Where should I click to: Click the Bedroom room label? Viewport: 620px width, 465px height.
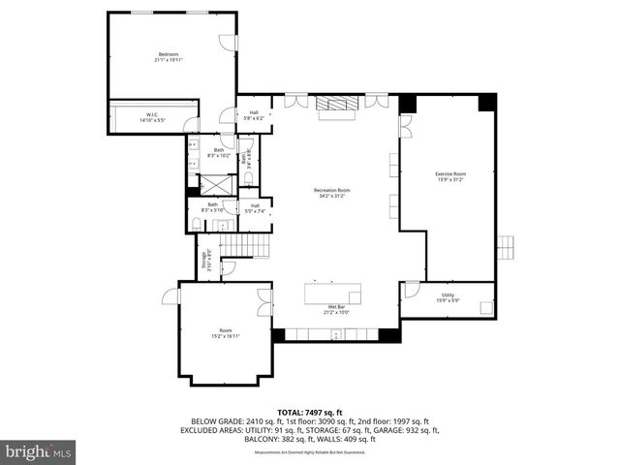tap(168, 55)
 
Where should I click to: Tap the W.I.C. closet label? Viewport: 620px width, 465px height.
tap(153, 118)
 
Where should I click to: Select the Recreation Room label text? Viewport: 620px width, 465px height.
tap(331, 193)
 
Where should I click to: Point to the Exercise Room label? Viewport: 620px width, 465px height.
tap(450, 175)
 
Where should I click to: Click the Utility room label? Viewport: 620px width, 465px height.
tap(448, 297)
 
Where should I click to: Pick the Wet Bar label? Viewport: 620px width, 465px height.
tap(334, 309)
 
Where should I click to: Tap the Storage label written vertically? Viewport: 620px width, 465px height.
tap(204, 261)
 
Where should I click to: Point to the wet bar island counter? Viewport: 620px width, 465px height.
tap(333, 293)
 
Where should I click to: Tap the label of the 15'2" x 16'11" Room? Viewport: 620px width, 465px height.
tap(225, 333)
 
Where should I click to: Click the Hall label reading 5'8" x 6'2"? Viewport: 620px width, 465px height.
tap(254, 114)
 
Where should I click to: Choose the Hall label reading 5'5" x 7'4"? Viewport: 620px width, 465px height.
tap(255, 207)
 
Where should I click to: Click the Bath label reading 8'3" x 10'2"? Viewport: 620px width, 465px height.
tap(219, 152)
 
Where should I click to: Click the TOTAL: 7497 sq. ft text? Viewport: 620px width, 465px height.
tap(310, 413)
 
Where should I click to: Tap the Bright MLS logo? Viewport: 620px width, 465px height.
tap(39, 451)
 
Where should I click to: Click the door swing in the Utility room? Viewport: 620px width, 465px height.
tap(412, 289)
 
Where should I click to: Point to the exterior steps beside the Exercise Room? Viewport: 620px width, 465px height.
tap(505, 247)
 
